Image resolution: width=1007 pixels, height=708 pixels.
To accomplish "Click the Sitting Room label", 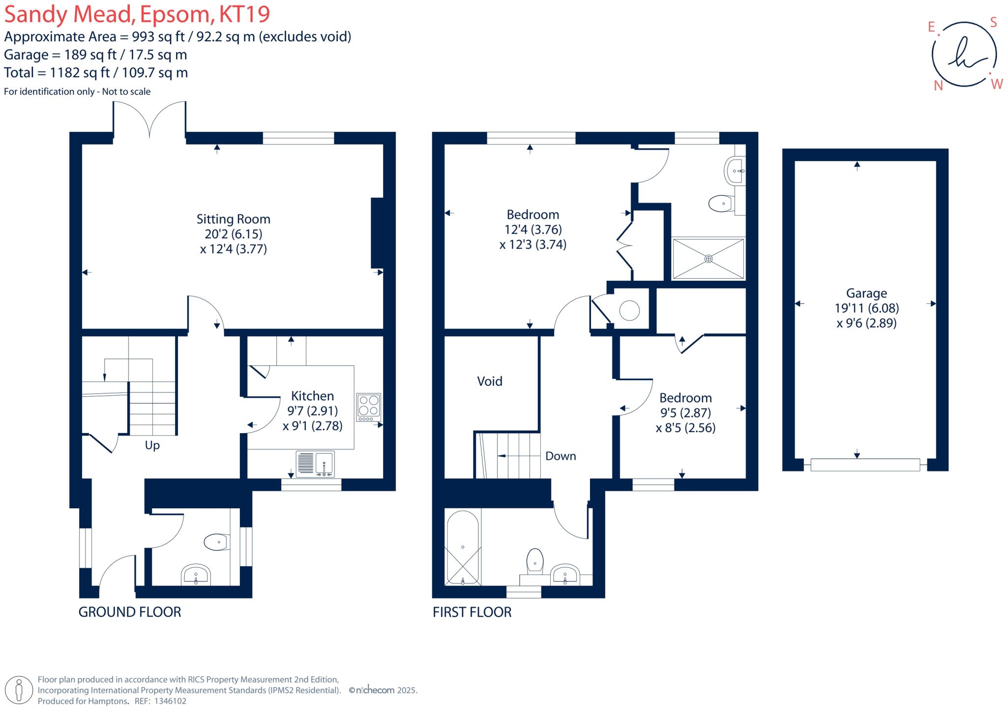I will click(233, 219).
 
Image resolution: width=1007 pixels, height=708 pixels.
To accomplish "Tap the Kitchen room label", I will click(312, 396).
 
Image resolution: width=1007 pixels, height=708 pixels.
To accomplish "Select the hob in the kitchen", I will click(369, 407).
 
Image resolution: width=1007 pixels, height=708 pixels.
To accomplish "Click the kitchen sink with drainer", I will click(315, 464).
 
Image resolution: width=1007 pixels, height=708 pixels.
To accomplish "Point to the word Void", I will click(490, 381).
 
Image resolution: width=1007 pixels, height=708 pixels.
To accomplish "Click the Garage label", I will click(866, 294).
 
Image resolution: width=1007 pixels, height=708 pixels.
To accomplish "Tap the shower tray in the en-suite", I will click(708, 259).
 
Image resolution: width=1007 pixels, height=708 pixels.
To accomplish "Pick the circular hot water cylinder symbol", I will click(629, 311).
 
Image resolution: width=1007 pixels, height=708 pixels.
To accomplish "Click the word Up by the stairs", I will click(152, 445).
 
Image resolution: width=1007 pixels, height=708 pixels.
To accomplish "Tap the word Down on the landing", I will click(561, 456).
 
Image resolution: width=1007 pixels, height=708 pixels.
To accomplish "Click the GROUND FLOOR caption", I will click(130, 612).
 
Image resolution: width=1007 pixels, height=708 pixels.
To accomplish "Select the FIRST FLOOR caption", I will click(472, 612).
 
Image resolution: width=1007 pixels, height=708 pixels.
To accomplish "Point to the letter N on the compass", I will click(938, 86).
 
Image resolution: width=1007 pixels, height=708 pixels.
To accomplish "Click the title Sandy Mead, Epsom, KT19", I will click(137, 14).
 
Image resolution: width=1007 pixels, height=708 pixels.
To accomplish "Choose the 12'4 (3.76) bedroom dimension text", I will click(533, 230).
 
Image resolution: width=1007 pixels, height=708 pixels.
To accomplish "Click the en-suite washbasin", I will click(735, 171).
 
